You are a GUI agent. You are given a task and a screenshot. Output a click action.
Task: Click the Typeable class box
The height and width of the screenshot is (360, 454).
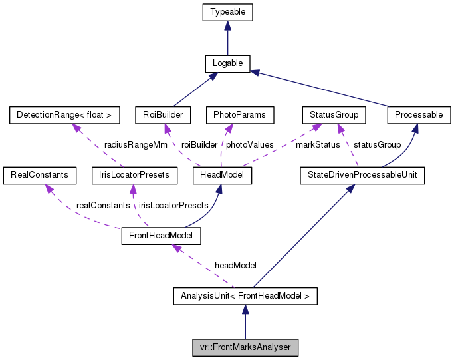(x=227, y=13)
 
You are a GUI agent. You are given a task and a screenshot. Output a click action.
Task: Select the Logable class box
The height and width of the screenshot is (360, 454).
(x=227, y=64)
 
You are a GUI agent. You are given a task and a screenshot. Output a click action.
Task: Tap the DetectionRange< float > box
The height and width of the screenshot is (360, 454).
(x=64, y=115)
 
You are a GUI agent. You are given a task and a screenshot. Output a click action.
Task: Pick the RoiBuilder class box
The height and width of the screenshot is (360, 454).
(x=162, y=115)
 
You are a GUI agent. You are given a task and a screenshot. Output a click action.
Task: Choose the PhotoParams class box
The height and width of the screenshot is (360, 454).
(x=240, y=115)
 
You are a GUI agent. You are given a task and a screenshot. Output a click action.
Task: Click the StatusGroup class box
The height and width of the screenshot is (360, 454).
(x=334, y=115)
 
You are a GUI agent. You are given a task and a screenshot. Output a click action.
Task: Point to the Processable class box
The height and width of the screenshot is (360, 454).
(x=418, y=115)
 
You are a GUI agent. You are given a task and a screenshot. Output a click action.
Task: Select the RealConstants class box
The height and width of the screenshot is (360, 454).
(x=36, y=175)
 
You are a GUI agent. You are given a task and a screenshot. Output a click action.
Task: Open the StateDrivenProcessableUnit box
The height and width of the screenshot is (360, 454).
(x=362, y=175)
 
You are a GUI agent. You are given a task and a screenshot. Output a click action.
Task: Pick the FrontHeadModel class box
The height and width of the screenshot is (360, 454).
(x=161, y=236)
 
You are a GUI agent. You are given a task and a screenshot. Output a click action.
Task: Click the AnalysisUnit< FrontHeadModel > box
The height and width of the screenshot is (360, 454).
(x=245, y=295)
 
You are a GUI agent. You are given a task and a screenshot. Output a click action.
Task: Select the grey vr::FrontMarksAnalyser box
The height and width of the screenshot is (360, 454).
(x=245, y=347)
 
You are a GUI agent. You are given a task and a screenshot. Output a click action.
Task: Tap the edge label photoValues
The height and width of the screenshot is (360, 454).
(x=249, y=144)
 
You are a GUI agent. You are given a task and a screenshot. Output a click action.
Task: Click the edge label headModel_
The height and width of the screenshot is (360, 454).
(x=238, y=265)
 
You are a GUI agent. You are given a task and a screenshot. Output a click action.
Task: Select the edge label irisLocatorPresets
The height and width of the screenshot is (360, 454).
(x=173, y=205)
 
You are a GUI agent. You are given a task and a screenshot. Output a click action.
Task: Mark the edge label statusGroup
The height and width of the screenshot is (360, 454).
(x=377, y=144)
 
